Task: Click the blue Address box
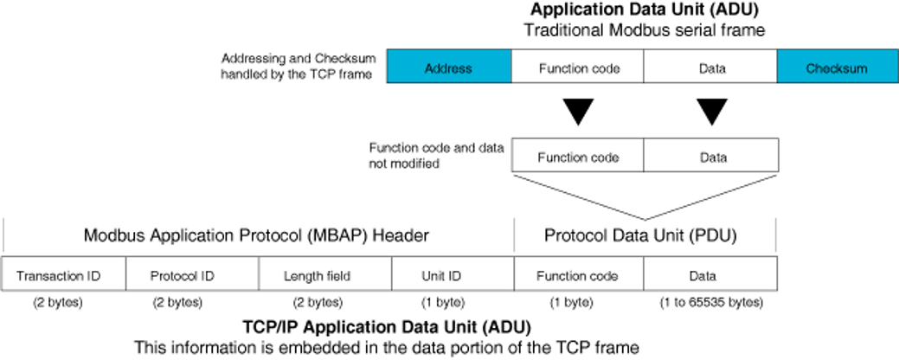coord(448,67)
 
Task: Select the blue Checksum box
coord(837,67)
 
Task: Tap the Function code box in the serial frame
coord(579,67)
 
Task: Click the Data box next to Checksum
coord(710,67)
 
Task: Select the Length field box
coord(324,276)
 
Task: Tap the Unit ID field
coord(453,276)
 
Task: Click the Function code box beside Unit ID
coord(578,276)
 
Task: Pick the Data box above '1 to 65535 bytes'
coord(710,276)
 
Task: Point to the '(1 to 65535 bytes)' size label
coord(710,303)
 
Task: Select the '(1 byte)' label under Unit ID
coord(442,303)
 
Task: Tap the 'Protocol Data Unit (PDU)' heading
coord(645,235)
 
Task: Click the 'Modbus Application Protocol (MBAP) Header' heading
coord(256,235)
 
